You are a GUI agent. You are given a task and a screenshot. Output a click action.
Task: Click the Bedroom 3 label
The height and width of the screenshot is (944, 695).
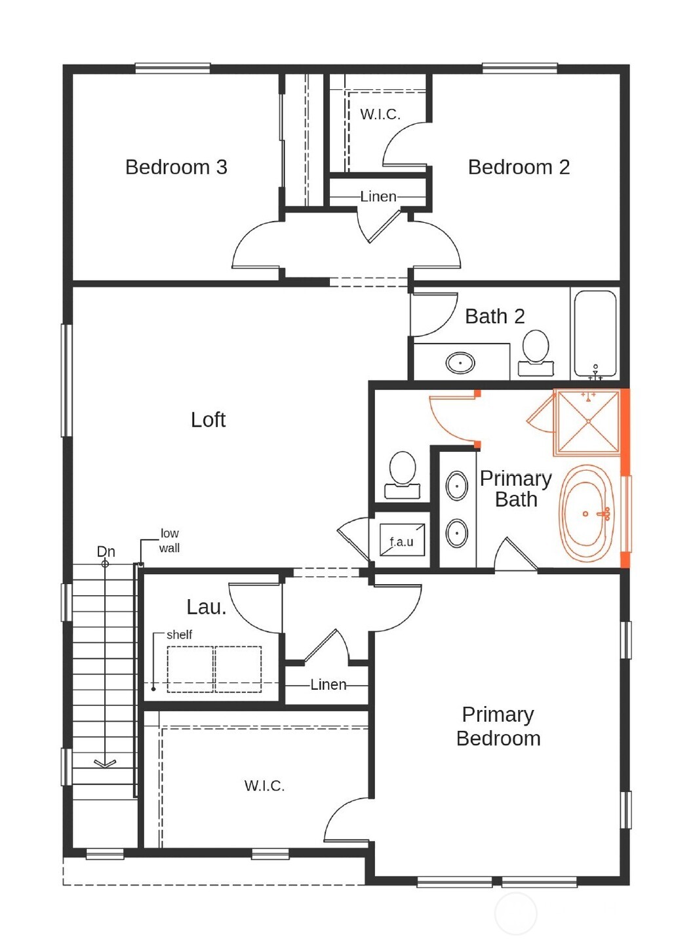[x=176, y=167]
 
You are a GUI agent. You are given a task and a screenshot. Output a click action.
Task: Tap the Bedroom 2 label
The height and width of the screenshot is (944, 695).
[x=519, y=167]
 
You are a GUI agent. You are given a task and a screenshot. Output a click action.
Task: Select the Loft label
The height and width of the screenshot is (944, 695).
[x=208, y=420]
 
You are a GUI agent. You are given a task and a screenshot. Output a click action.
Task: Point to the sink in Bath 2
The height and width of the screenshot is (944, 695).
[x=460, y=363]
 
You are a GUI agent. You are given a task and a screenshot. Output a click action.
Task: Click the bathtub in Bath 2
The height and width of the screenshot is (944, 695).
[x=595, y=332]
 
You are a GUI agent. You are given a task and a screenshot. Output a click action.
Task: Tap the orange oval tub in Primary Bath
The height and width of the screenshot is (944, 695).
[x=587, y=513]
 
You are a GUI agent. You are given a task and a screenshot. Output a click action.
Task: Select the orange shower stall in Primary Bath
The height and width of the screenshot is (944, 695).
[x=587, y=422]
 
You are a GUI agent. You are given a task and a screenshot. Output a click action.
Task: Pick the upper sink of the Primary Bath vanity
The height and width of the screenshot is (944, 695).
[x=456, y=486]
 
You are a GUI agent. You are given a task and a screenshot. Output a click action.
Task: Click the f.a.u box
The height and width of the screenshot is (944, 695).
[x=402, y=541]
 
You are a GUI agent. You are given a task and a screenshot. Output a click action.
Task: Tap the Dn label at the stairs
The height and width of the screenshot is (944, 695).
[x=106, y=551]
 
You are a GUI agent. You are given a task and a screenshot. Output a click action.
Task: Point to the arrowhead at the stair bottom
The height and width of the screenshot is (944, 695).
[x=105, y=763]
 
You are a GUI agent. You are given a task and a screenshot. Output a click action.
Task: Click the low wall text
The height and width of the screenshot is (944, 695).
[x=169, y=541]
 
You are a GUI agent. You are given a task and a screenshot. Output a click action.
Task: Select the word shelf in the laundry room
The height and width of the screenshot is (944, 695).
[x=179, y=635]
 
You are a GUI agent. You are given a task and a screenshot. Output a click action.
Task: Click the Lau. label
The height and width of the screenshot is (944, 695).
[x=206, y=607]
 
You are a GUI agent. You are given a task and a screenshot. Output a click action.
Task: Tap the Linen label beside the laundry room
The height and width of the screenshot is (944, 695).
[x=328, y=685]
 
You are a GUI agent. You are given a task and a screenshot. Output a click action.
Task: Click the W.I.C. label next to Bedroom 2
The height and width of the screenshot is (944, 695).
[x=380, y=115]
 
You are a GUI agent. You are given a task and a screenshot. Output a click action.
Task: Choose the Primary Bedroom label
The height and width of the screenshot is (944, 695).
[x=498, y=726]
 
